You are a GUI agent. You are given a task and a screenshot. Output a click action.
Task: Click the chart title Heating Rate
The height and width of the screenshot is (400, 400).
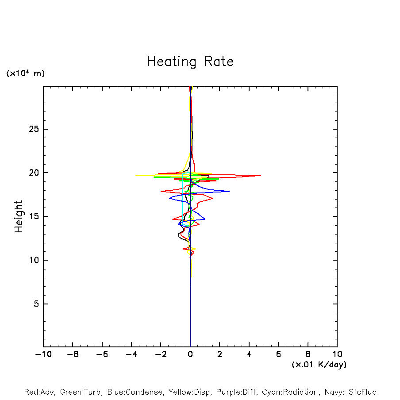tap(190, 62)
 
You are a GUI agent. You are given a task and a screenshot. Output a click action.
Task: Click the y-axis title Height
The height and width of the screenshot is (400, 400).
tap(19, 216)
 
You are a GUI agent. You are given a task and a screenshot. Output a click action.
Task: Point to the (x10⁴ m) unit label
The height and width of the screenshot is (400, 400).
tap(25, 73)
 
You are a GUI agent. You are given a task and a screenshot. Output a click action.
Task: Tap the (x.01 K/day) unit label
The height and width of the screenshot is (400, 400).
tap(319, 365)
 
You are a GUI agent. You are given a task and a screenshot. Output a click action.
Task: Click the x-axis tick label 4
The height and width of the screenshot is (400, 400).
tap(249, 354)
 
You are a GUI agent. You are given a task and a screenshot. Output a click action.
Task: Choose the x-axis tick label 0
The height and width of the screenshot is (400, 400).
tap(190, 354)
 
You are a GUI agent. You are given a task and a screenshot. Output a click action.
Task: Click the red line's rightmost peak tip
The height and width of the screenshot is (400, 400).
tap(261, 176)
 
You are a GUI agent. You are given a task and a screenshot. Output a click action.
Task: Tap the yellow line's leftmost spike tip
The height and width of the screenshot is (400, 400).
tap(136, 176)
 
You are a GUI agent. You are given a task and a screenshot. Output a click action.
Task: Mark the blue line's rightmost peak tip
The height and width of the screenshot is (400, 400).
tap(229, 191)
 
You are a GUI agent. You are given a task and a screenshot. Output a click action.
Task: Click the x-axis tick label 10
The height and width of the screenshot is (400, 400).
tap(337, 354)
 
